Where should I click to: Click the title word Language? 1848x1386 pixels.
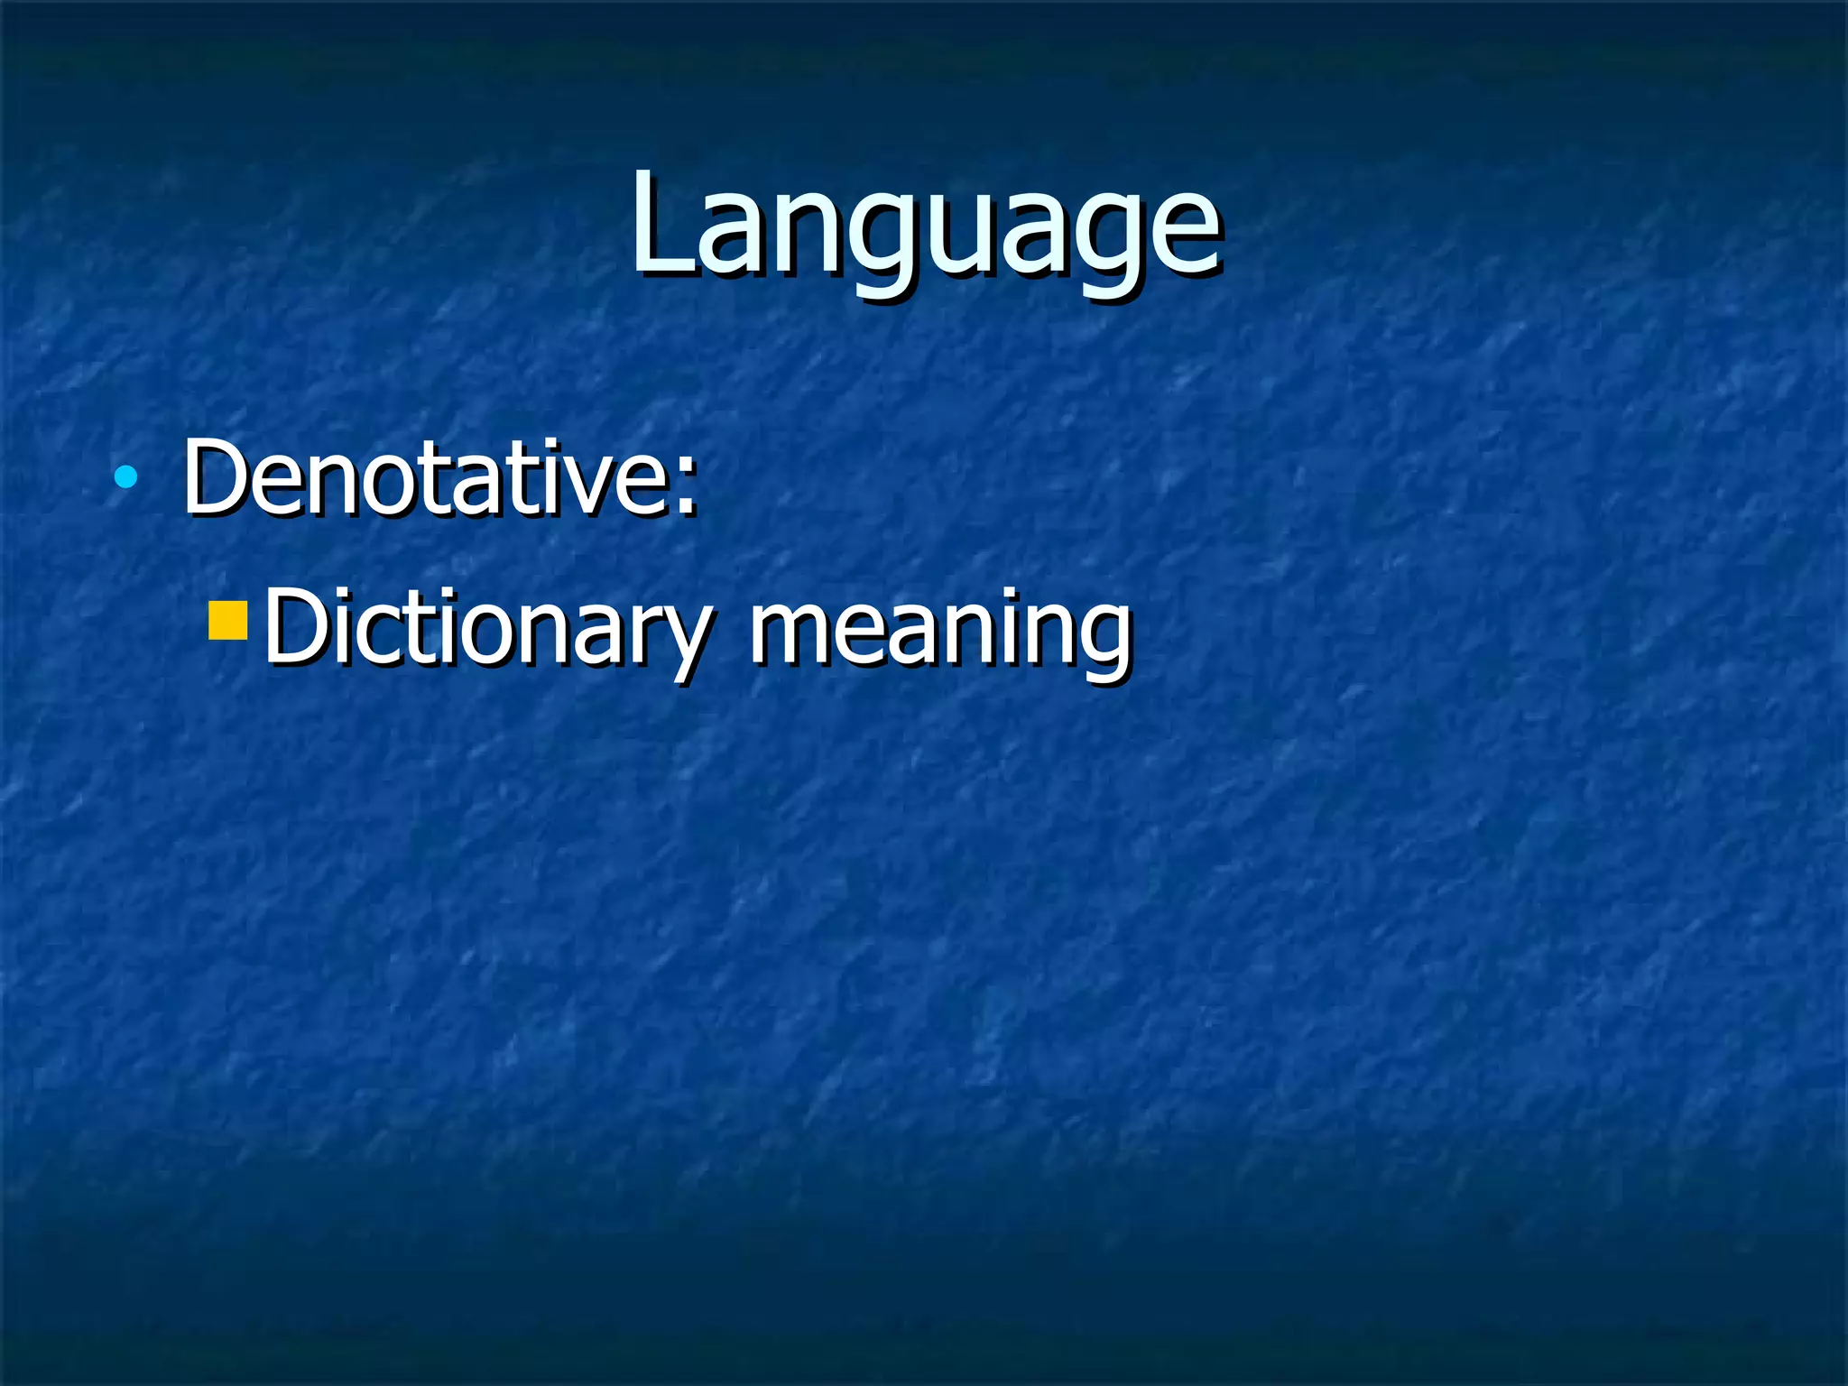(925, 226)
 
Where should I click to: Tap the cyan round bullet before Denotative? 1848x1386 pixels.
(126, 476)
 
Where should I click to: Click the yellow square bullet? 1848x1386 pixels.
(227, 620)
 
